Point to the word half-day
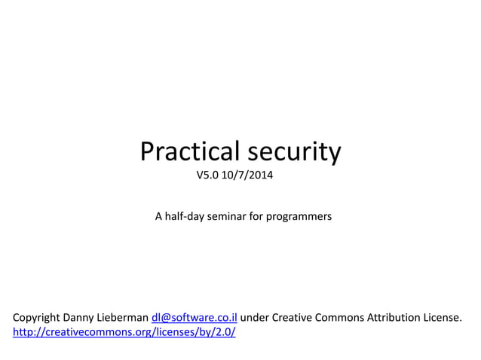tap(187, 217)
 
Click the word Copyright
tap(37, 318)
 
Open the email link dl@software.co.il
tap(195, 318)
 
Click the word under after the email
tap(254, 318)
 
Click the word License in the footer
tap(443, 318)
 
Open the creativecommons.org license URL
tap(124, 332)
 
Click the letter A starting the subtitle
tap(158, 217)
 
